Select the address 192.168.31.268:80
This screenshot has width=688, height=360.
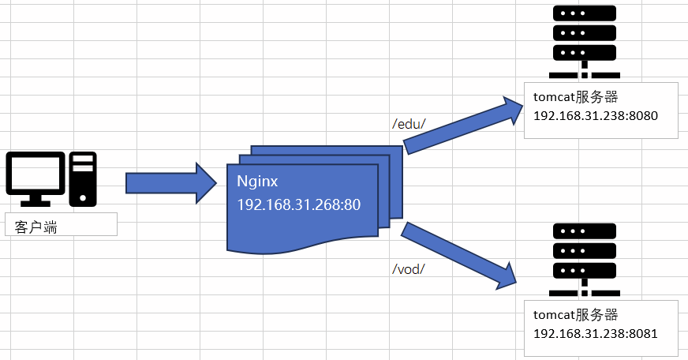[x=299, y=205]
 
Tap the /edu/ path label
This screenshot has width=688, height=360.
[x=409, y=123]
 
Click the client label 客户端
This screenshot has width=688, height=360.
[x=36, y=228]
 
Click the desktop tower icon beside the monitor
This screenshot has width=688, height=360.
[x=83, y=174]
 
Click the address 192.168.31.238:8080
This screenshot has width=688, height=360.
[x=596, y=115]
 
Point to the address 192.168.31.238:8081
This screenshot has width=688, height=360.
[x=596, y=333]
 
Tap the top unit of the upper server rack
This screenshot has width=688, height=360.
[x=584, y=15]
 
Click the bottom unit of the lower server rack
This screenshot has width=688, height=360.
[x=584, y=269]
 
